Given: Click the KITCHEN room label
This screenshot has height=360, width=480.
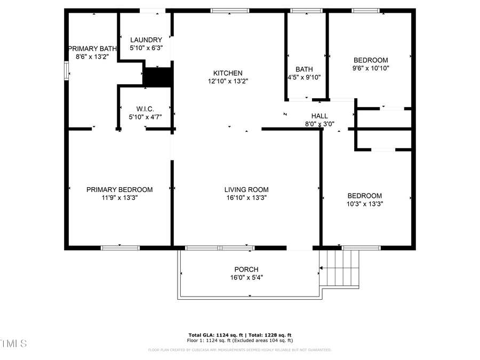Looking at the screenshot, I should [x=228, y=74].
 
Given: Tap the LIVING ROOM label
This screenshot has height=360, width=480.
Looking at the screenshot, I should [x=246, y=189].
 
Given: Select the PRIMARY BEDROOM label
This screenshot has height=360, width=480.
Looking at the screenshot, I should [x=119, y=189].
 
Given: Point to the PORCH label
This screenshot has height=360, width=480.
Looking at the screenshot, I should [x=246, y=269].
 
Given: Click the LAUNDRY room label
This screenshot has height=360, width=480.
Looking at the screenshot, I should [x=146, y=40].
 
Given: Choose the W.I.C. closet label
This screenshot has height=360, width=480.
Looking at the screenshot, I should [x=145, y=109].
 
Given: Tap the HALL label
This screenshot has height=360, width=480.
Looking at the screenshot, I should [x=319, y=116].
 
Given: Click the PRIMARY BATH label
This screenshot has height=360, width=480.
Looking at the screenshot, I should [x=92, y=49].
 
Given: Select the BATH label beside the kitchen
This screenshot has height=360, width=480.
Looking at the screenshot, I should [x=304, y=69].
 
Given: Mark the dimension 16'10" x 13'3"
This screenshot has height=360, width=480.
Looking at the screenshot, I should [x=246, y=197].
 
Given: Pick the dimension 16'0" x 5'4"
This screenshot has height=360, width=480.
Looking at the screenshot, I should [x=246, y=277].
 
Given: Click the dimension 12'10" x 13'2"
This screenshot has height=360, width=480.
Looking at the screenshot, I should [x=228, y=82].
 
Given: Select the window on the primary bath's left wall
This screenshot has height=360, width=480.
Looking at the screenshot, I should [x=67, y=71].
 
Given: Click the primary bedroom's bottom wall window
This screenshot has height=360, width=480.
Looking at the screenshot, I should [x=120, y=247].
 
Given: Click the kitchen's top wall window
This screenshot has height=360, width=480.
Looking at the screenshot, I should [x=230, y=11].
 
